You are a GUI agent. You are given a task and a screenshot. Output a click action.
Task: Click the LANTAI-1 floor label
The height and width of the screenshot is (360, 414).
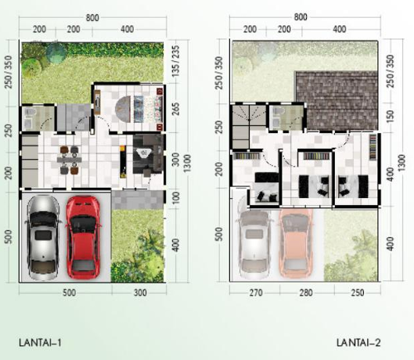(x=41, y=343)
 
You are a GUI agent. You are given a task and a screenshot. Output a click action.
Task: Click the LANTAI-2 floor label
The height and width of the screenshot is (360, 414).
(x=358, y=343)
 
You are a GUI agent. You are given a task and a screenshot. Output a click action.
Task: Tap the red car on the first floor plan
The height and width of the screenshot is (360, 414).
(x=83, y=237)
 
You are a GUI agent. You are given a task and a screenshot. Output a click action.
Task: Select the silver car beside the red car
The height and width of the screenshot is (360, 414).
(x=43, y=237)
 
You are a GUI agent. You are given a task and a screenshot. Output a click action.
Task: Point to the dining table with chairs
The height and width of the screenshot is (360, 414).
(x=69, y=160)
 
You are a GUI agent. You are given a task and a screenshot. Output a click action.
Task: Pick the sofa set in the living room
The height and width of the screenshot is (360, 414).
(x=148, y=155)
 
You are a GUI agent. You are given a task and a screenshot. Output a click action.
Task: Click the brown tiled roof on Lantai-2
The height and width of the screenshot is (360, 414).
(x=337, y=100)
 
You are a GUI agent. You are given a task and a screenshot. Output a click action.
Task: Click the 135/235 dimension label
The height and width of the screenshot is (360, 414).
(x=176, y=61)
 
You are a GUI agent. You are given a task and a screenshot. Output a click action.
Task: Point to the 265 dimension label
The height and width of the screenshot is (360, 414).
(x=175, y=109)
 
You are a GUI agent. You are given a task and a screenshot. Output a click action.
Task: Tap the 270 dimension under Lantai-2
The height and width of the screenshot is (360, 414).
(x=256, y=293)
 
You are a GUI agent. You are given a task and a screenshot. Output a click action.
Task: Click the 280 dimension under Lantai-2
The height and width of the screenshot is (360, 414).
(x=306, y=293)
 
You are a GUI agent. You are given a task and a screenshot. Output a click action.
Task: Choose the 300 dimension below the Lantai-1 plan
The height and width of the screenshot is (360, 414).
(x=140, y=293)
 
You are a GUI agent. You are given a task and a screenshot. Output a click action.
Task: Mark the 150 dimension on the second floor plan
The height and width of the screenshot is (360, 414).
(x=390, y=116)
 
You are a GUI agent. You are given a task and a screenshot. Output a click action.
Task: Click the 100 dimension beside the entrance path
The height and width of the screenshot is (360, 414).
(x=176, y=197)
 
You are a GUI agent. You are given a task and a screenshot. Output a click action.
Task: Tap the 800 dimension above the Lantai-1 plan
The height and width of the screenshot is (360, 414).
(x=92, y=18)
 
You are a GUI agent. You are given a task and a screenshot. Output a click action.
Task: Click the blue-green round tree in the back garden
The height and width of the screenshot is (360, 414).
(x=56, y=52)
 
